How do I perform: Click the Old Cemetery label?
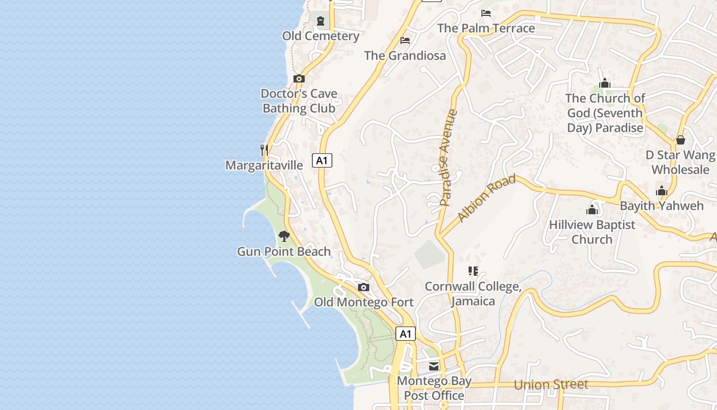321,36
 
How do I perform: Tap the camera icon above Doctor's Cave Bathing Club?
299,78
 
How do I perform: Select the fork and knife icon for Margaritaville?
264,150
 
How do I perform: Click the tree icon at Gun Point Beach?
284,236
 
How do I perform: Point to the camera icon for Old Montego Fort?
364,287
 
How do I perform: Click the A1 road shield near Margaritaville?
322,160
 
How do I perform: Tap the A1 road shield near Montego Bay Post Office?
405,334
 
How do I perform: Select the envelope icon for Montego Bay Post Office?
434,366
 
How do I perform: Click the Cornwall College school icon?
473,271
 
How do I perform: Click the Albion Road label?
487,198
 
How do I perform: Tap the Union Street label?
551,384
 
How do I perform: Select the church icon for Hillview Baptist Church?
592,209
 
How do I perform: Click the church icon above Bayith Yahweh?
662,191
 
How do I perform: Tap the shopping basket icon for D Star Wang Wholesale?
681,139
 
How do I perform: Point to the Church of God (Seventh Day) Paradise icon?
605,83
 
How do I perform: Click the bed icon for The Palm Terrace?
486,13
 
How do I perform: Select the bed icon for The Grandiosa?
405,40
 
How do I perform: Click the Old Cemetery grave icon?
321,21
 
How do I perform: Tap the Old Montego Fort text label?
364,302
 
